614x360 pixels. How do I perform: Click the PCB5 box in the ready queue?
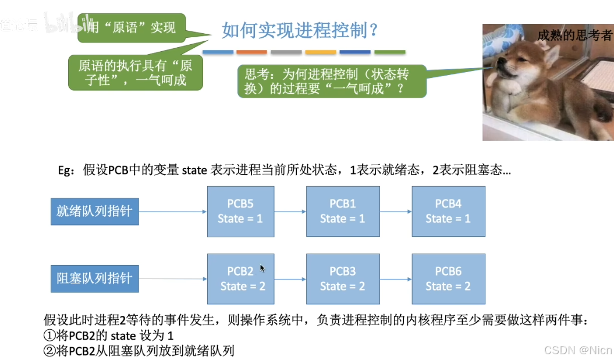pos(240,211)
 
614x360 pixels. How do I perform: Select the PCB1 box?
pos(343,211)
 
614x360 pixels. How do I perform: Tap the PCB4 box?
pos(448,211)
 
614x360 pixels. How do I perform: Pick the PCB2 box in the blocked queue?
pos(240,279)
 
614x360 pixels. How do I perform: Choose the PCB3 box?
pos(343,279)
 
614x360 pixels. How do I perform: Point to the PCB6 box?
pos(448,279)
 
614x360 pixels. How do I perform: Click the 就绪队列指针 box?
pos(94,211)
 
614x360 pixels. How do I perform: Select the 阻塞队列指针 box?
pos(94,279)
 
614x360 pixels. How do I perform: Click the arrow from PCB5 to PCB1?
pos(290,212)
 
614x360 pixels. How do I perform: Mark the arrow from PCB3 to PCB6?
pos(395,279)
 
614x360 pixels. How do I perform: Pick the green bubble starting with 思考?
pos(332,81)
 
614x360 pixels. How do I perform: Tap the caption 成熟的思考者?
pos(574,35)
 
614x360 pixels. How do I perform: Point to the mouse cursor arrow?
pos(262,268)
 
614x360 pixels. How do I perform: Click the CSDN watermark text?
pos(577,350)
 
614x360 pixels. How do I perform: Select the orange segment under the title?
pos(251,52)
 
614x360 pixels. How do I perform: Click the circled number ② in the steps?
pos(50,351)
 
